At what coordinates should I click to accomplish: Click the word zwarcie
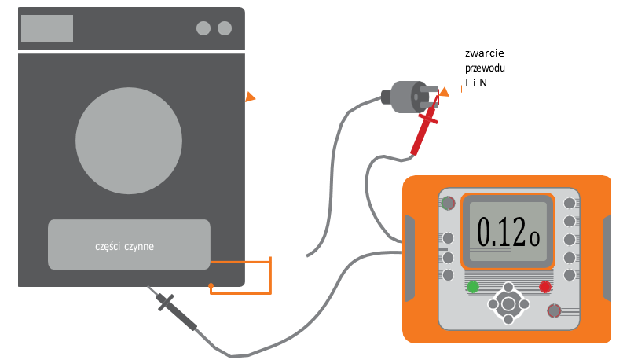(484, 53)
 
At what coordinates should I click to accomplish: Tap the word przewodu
(486, 68)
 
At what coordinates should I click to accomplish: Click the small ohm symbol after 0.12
(535, 237)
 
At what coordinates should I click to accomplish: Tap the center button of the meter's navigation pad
(508, 303)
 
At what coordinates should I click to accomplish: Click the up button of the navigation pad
(508, 288)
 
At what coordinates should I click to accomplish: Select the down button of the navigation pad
(508, 319)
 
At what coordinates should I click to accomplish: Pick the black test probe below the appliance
(178, 309)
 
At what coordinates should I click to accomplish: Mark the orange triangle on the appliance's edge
(250, 97)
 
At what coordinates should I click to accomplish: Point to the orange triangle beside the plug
(444, 91)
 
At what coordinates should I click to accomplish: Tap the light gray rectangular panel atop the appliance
(47, 28)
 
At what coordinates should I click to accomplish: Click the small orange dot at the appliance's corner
(211, 285)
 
